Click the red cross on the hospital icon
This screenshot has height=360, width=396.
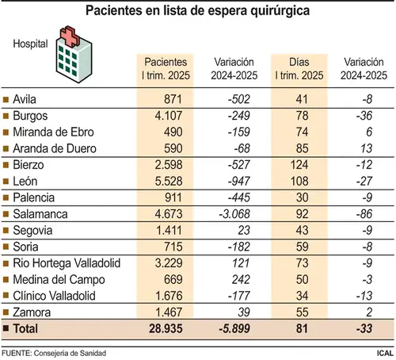[70, 36]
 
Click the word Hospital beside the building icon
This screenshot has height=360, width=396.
[30, 44]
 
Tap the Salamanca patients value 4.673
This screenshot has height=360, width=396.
[169, 214]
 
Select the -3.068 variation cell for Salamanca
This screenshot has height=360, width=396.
[234, 214]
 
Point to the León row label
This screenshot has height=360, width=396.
[25, 182]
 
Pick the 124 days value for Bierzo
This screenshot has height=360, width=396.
[299, 165]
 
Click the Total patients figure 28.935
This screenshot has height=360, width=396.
[166, 328]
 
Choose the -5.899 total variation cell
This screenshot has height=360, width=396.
[234, 328]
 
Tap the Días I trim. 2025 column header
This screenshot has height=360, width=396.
[299, 69]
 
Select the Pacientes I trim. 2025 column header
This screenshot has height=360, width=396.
[166, 69]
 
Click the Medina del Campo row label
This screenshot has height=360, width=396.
[59, 280]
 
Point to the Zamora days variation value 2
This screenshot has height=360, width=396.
[369, 312]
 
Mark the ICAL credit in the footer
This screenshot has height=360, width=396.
[385, 353]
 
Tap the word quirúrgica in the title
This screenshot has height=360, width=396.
[280, 11]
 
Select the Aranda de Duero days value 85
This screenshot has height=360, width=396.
[302, 148]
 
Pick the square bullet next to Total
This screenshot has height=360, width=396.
[6, 328]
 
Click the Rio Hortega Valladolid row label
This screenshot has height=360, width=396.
[67, 263]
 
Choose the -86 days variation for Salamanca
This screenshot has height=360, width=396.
[364, 214]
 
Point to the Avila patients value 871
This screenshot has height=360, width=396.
[173, 99]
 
